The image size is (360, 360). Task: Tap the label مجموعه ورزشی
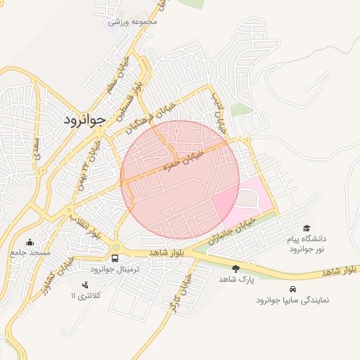pyautogui.click(x=136, y=22)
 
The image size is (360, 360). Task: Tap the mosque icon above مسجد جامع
pyautogui.click(x=30, y=241)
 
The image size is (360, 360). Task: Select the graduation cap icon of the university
pyautogui.click(x=306, y=228)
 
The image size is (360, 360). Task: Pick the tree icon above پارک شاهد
pyautogui.click(x=236, y=268)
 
